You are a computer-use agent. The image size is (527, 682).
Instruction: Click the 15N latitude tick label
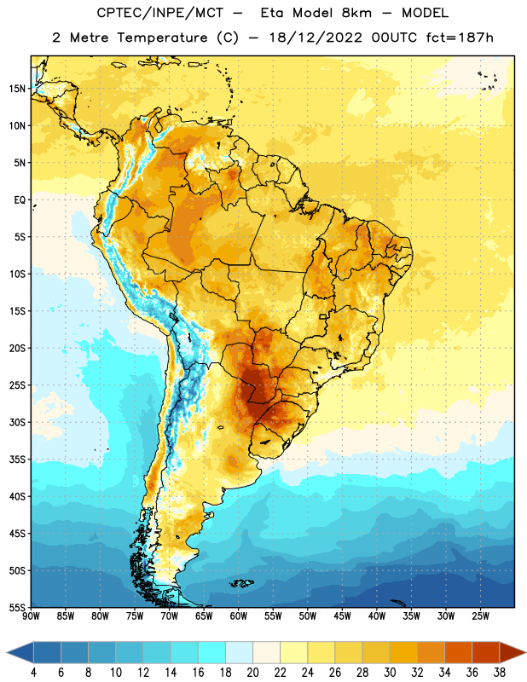click(x=17, y=89)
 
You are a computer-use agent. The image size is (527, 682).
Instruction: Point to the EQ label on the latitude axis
click(x=20, y=200)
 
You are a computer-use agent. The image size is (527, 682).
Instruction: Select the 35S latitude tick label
click(x=17, y=459)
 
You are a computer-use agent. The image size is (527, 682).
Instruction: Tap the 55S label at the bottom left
click(x=17, y=607)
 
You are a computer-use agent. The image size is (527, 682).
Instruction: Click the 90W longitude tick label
click(x=31, y=616)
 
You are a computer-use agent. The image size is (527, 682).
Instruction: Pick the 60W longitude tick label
click(x=239, y=616)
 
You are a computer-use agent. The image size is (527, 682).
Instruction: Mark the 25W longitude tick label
click(x=480, y=616)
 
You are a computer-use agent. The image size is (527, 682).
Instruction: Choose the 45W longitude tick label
click(x=342, y=616)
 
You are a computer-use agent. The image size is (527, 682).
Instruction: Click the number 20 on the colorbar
click(x=252, y=673)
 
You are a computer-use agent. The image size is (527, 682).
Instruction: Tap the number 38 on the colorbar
click(x=500, y=673)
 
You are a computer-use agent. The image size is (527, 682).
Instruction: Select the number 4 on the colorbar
click(x=33, y=673)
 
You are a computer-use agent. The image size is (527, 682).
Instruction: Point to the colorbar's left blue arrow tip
click(x=7, y=652)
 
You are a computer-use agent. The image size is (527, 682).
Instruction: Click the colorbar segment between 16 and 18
click(x=212, y=652)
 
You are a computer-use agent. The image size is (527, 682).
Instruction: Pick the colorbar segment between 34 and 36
click(x=459, y=652)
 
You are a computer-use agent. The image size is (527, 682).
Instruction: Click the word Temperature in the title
click(x=162, y=38)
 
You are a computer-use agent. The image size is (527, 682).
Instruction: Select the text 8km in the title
click(x=356, y=13)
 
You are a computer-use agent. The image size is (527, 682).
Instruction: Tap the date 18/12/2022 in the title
click(x=316, y=38)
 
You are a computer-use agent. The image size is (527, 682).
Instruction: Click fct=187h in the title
click(x=460, y=38)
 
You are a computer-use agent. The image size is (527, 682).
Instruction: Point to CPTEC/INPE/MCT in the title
click(x=159, y=13)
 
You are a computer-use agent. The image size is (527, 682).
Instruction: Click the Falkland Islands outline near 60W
click(x=242, y=583)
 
